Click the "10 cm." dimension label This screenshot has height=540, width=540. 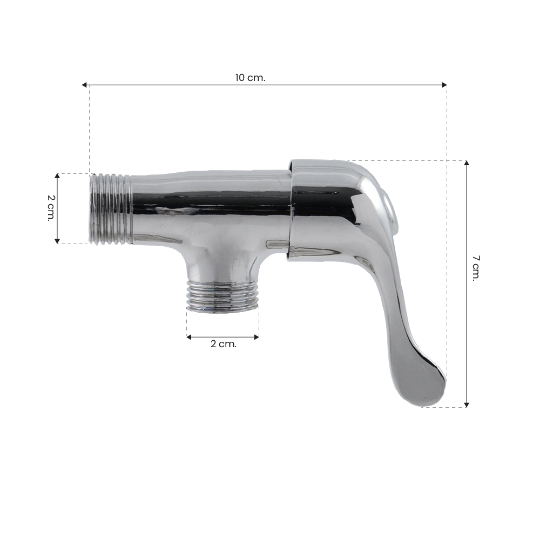(251, 78)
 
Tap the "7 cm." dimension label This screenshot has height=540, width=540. (476, 268)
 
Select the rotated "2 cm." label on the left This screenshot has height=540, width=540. (51, 208)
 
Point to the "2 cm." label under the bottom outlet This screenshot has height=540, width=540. (224, 343)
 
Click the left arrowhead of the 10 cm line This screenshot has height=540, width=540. (84, 85)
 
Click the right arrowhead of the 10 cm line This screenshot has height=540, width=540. (444, 85)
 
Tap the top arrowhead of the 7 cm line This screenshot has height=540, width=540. (467, 163)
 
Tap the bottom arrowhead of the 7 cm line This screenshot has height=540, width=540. (467, 404)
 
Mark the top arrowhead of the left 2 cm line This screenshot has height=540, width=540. (57, 176)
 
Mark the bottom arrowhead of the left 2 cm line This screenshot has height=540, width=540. (57, 241)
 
